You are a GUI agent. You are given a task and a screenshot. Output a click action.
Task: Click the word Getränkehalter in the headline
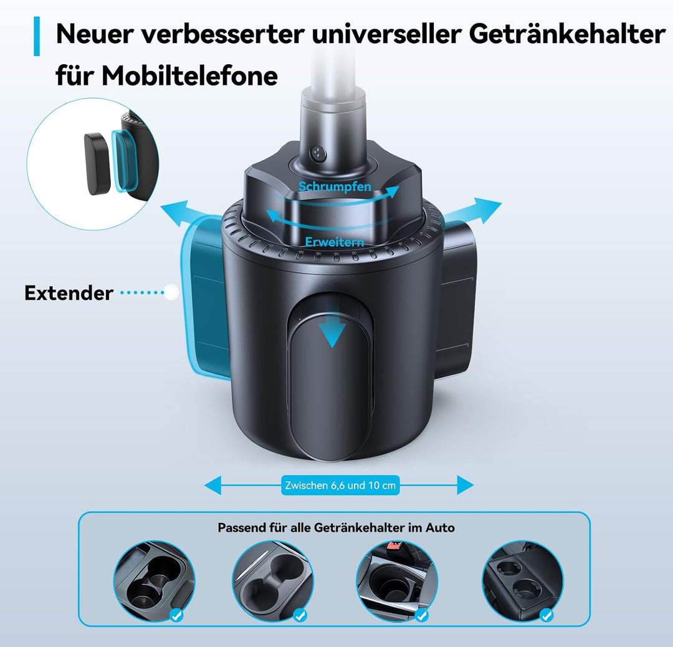pyautogui.click(x=566, y=36)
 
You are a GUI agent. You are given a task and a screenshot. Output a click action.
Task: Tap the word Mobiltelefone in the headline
pyautogui.click(x=189, y=76)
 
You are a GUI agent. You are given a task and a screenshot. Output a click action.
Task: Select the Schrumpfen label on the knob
pyautogui.click(x=335, y=186)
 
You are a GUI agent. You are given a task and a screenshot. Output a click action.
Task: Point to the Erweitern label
pyautogui.click(x=335, y=242)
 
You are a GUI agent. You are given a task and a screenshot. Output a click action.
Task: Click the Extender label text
pyautogui.click(x=69, y=293)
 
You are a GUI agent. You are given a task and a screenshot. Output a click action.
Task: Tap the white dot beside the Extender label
pyautogui.click(x=170, y=292)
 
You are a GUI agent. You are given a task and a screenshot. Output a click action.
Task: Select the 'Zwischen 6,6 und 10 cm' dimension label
pyautogui.click(x=340, y=486)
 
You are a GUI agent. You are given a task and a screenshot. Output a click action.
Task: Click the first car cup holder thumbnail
pyautogui.click(x=153, y=580)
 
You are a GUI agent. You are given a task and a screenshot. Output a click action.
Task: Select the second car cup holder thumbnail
pyautogui.click(x=273, y=580)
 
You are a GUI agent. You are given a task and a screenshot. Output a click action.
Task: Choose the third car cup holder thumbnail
pyautogui.click(x=396, y=580)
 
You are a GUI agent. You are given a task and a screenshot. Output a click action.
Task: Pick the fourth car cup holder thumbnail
pyautogui.click(x=522, y=580)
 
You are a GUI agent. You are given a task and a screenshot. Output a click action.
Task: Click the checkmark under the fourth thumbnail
pyautogui.click(x=547, y=615)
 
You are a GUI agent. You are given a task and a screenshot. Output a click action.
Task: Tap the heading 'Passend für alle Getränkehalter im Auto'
pyautogui.click(x=336, y=528)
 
